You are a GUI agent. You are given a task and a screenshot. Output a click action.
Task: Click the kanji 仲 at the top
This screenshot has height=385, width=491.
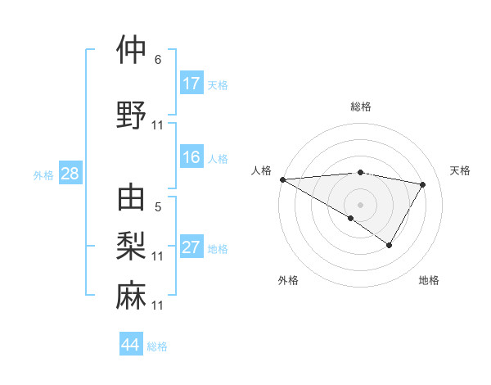[132, 51]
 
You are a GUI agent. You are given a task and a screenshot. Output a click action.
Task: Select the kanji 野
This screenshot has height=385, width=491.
[132, 115]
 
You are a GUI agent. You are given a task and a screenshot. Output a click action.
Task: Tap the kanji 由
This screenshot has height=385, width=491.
[132, 199]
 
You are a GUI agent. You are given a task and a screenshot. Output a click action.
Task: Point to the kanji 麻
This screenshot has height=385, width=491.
[132, 295]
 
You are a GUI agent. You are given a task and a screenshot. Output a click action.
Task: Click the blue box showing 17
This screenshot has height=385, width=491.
[191, 84]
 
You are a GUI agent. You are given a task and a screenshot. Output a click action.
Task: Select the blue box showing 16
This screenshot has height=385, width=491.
[191, 158]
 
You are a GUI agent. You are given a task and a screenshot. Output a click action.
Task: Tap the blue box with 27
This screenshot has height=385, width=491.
[191, 248]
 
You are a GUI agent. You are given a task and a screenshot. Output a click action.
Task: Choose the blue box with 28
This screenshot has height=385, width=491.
[70, 174]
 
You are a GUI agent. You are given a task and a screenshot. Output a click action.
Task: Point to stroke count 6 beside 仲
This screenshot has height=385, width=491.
[158, 60]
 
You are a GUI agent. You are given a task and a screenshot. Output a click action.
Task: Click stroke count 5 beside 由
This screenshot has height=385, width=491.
[158, 207]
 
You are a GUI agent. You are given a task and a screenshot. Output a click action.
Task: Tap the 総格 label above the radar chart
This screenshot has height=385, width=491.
[361, 106]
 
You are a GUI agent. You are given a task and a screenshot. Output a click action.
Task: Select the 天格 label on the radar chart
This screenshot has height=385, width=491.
[461, 170]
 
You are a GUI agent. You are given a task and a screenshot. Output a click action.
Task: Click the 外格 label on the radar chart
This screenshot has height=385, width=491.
[288, 280]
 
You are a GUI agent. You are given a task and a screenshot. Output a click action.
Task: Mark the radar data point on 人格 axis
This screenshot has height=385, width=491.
[282, 179]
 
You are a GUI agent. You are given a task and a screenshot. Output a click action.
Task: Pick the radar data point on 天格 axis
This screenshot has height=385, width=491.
[422, 184]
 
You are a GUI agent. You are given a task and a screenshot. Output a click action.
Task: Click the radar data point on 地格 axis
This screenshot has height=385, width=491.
[390, 245]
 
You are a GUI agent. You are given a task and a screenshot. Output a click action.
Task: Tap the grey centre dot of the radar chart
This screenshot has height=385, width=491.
[360, 204]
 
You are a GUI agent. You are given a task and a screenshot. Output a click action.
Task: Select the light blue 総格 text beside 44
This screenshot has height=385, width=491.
[157, 346]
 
